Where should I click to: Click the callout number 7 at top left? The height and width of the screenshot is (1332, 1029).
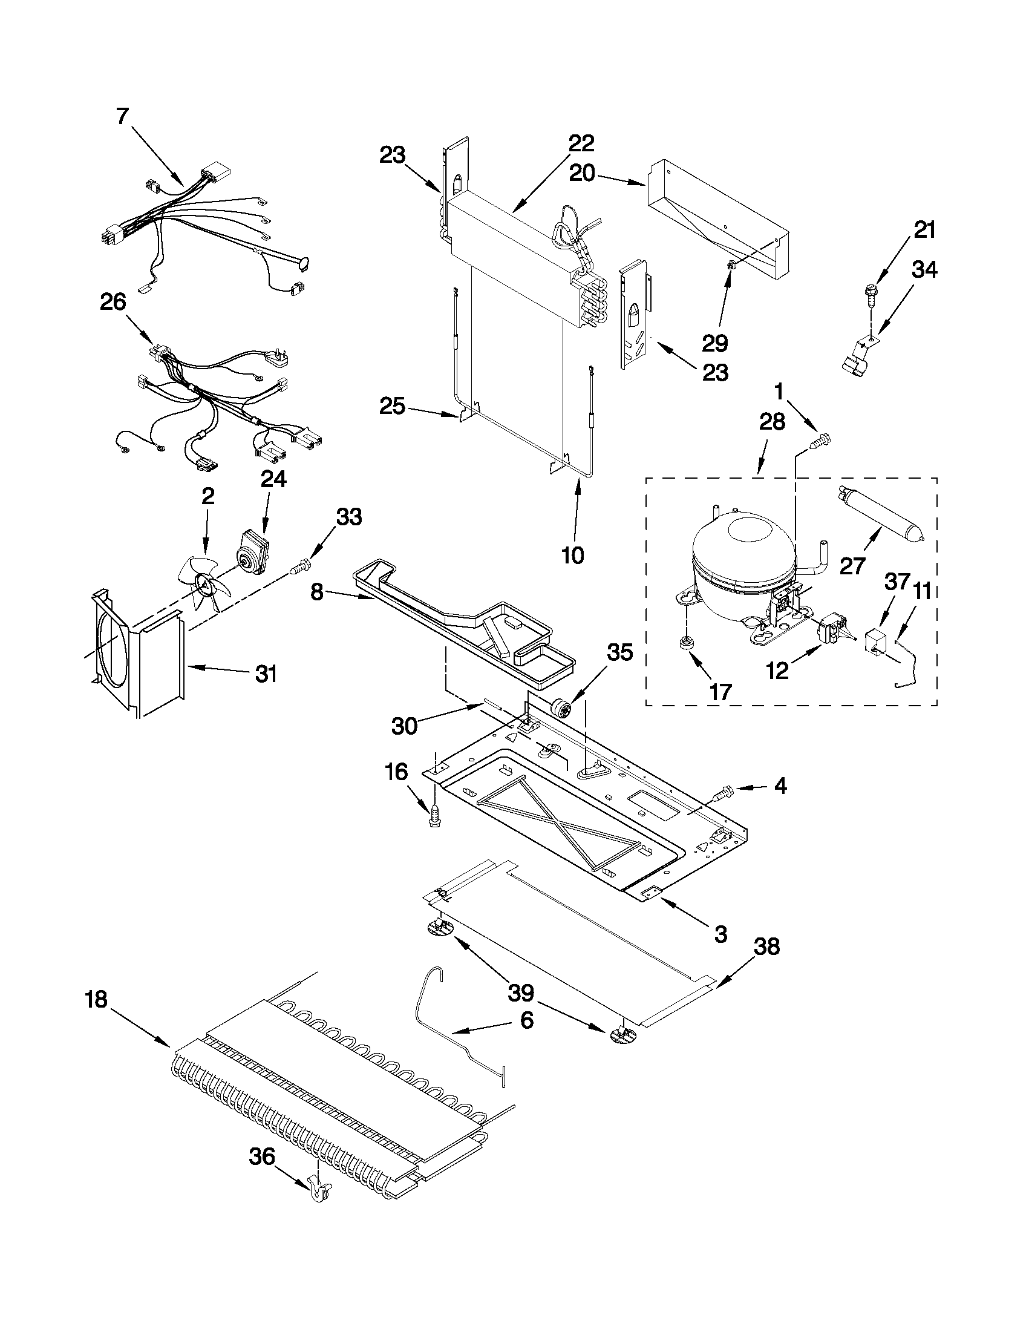tap(123, 115)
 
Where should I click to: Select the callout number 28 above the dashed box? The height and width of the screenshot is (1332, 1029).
tap(772, 421)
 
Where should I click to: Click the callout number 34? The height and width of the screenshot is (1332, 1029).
tap(924, 269)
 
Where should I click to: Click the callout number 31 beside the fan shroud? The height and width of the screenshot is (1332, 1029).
tap(266, 674)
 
